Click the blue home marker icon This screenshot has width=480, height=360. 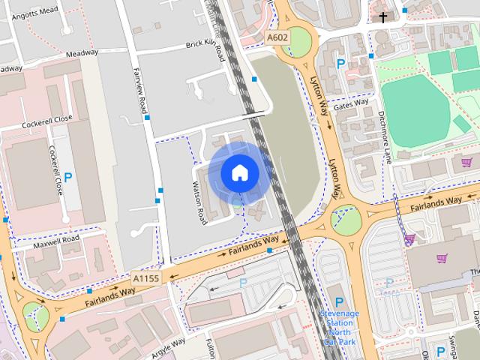239,172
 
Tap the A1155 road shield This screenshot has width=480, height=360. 145,278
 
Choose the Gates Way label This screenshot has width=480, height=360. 352,104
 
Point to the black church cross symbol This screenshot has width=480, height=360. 383,16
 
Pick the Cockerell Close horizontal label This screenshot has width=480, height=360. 46,119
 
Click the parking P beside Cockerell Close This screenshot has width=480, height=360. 68,178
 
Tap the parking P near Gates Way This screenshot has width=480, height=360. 341,65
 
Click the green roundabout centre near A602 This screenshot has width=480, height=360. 298,41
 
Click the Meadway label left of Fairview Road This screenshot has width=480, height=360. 81,53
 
